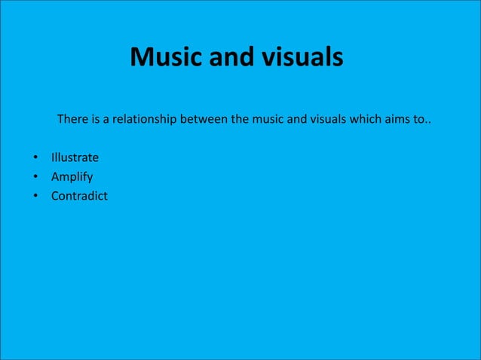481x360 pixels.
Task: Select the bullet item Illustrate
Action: [75, 158]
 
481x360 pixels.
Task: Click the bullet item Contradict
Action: [79, 197]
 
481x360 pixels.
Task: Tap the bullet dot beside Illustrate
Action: [35, 159]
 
